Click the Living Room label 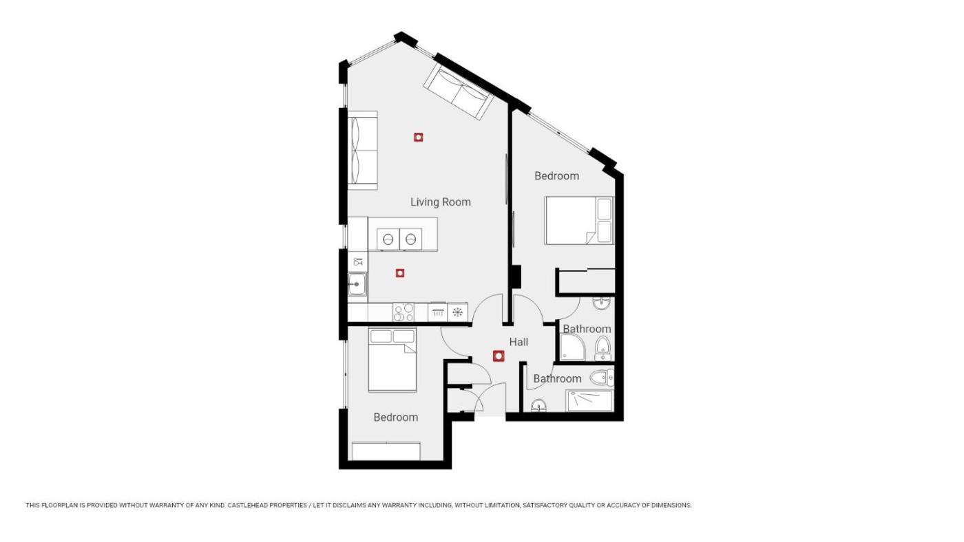click(440, 202)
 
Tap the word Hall click(518, 342)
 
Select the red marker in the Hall click(499, 356)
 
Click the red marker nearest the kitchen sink click(400, 273)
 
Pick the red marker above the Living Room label click(419, 137)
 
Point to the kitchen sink click(357, 284)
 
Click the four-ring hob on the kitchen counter click(404, 312)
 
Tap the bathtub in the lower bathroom click(589, 400)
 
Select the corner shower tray click(573, 348)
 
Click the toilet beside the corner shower click(603, 349)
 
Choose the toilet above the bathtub click(602, 378)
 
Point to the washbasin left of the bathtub click(538, 405)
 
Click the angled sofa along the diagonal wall click(458, 91)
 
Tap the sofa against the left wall click(362, 150)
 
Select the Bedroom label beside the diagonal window click(556, 176)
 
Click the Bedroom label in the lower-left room click(395, 418)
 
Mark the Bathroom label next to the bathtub click(557, 379)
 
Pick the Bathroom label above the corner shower click(587, 329)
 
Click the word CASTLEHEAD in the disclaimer click(247, 506)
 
